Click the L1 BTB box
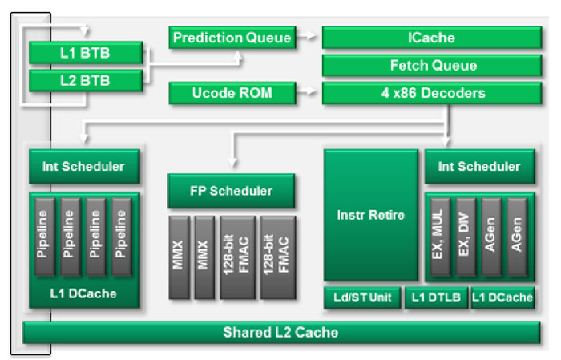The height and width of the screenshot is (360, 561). [x=86, y=54]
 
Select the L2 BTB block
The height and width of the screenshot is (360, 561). [x=86, y=80]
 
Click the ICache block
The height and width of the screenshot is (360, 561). [x=426, y=37]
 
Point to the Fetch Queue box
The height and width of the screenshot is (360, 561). [x=426, y=65]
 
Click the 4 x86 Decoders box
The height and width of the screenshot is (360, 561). [x=426, y=93]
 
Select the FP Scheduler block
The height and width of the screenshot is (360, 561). [x=231, y=191]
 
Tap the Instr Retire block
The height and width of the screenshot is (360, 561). [x=370, y=215]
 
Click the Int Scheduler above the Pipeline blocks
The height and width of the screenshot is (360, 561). [x=83, y=166]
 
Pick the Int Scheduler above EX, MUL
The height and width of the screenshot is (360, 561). [x=478, y=166]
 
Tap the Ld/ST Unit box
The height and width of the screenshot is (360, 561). [x=362, y=297]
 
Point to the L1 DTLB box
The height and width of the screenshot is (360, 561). [x=436, y=297]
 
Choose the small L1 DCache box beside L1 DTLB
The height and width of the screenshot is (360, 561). [x=502, y=297]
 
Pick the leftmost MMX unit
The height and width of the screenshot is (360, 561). [x=180, y=257]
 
